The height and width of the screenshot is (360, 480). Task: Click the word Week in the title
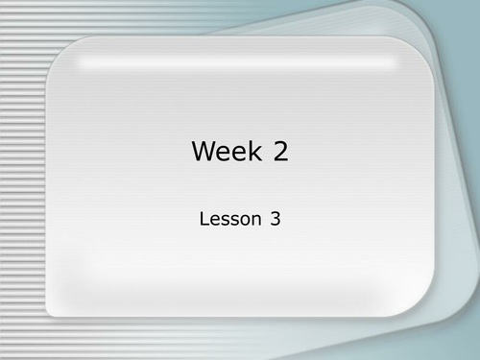228,150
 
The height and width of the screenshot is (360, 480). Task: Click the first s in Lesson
225,219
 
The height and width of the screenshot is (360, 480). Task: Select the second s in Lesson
234,219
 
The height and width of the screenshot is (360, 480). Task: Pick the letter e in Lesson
214,219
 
